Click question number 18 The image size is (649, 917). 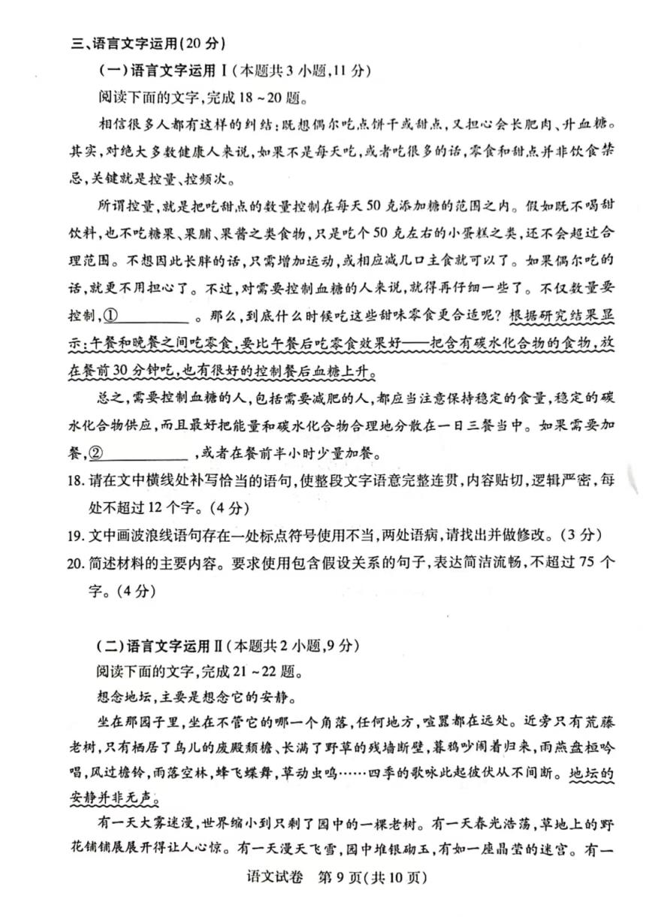pyautogui.click(x=78, y=480)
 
